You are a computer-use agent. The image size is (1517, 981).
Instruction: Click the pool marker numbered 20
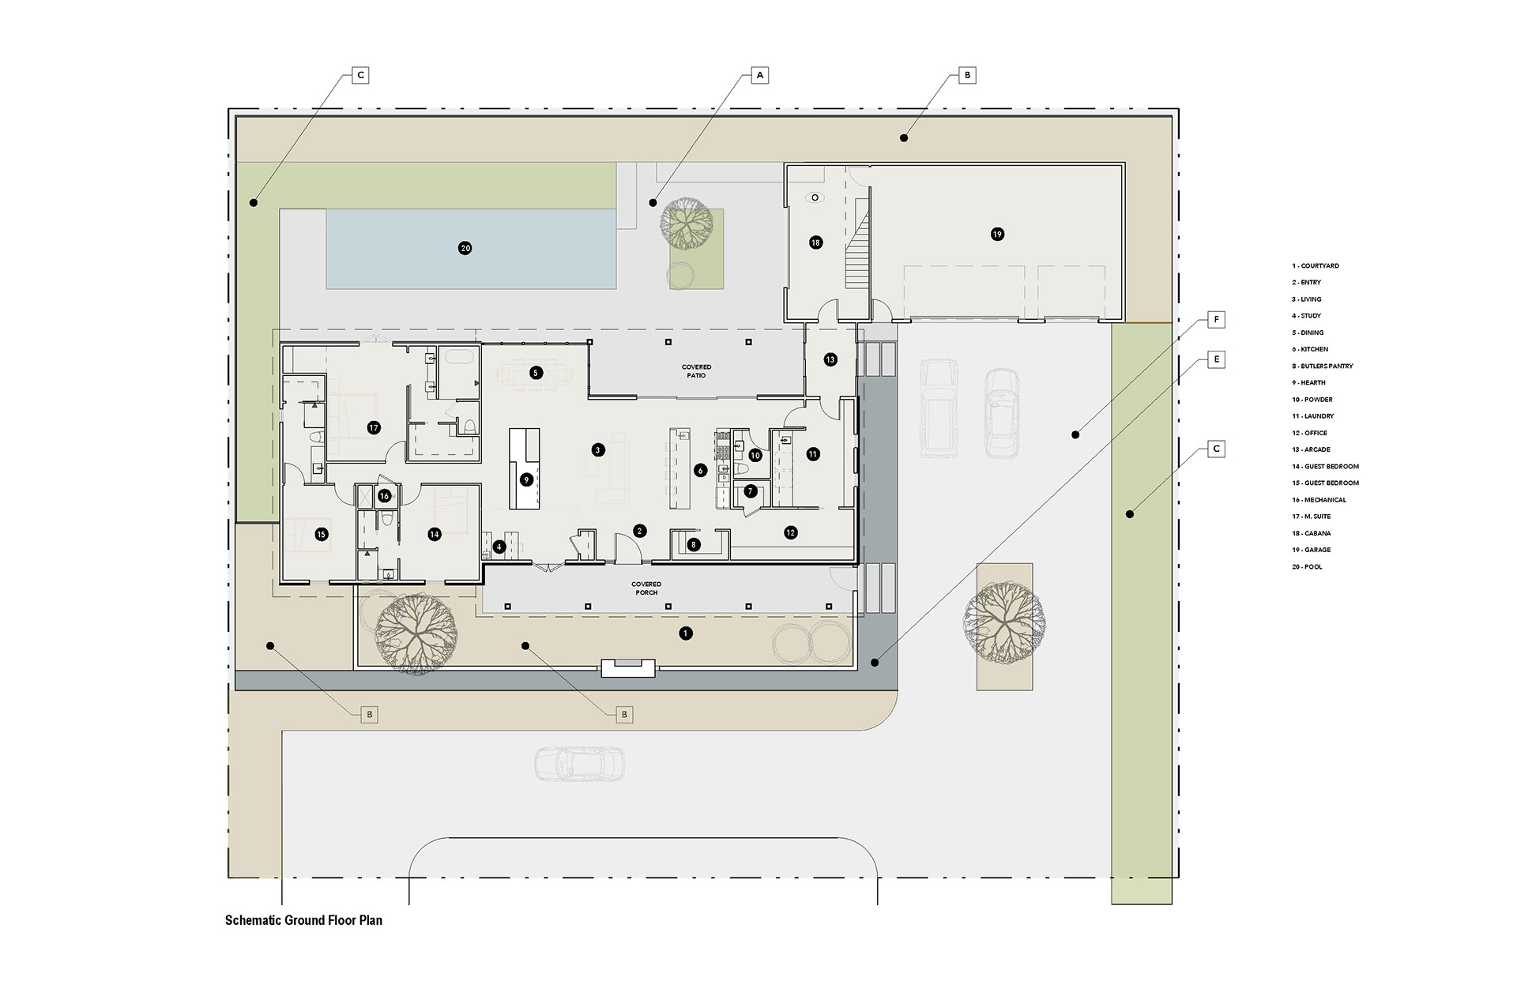click(465, 248)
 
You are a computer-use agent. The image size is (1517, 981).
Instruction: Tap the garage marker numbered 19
click(997, 234)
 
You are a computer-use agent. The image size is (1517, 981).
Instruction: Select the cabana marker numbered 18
click(815, 242)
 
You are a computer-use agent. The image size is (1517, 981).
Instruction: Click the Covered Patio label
click(696, 371)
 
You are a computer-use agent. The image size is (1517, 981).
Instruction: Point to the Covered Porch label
click(646, 588)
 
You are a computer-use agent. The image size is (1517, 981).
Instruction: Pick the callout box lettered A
click(759, 75)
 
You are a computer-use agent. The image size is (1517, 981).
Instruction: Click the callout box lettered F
click(1217, 320)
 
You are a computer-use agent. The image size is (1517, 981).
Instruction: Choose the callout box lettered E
click(1217, 359)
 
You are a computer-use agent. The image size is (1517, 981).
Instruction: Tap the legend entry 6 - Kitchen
click(1310, 349)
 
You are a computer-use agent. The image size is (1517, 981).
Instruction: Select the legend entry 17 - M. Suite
click(1312, 517)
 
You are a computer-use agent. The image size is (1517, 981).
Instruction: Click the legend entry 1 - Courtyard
click(1316, 266)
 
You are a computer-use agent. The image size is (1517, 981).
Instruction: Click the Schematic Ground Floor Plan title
click(303, 920)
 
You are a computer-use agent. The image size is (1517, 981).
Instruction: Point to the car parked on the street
click(579, 765)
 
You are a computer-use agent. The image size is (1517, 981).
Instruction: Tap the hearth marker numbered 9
click(526, 479)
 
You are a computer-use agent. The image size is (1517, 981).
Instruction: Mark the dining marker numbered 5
click(536, 373)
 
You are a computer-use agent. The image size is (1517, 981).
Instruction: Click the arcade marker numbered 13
click(830, 359)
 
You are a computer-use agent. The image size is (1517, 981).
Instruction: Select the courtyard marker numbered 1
click(685, 633)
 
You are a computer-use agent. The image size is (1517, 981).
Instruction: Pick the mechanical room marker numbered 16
click(384, 496)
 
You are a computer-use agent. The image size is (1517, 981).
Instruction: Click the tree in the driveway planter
click(1003, 622)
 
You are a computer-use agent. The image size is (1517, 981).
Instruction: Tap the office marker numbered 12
click(791, 533)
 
